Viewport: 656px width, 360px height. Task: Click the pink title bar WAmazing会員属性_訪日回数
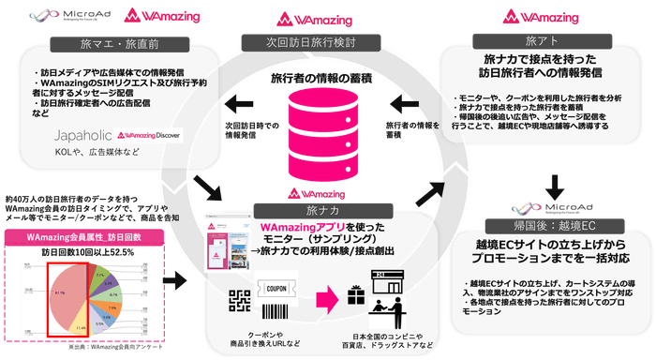pos(85,238)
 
